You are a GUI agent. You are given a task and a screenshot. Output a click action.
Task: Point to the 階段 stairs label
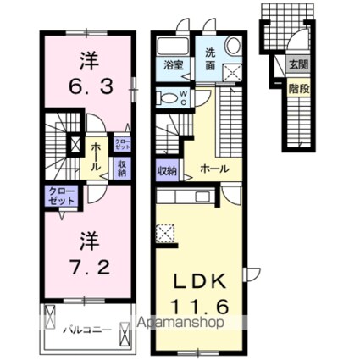click(x=296, y=86)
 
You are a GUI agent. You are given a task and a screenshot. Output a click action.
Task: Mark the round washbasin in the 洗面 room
click(x=233, y=48)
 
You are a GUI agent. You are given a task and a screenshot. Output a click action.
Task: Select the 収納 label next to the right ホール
click(x=167, y=171)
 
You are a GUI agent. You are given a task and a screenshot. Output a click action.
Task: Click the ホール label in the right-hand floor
click(x=213, y=169)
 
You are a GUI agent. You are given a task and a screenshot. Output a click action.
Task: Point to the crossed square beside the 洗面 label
click(x=232, y=74)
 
